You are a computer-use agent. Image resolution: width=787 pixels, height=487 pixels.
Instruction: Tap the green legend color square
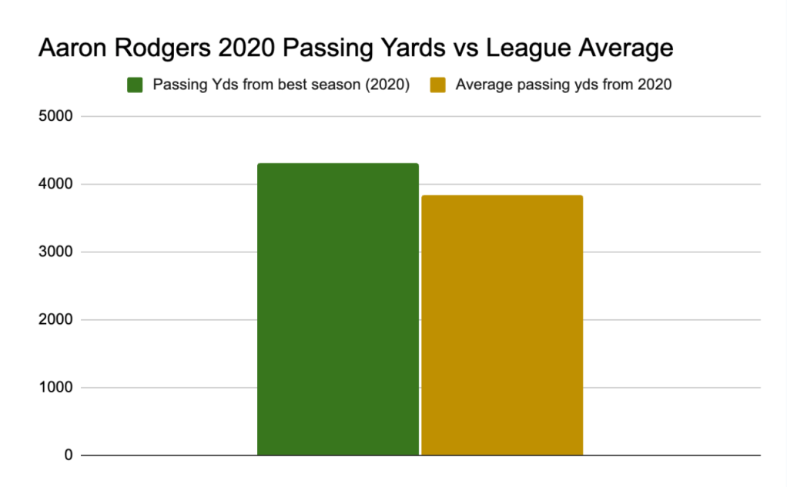point(136,85)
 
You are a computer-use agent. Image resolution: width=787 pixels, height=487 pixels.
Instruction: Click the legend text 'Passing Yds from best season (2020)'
point(280,85)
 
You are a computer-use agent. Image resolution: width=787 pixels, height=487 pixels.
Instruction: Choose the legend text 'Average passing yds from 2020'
point(563,85)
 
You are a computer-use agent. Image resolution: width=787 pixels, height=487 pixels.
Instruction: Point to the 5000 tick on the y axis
point(55,117)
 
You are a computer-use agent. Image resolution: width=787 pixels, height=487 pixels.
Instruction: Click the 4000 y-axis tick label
point(55,185)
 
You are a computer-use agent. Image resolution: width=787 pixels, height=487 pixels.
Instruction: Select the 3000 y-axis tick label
point(55,252)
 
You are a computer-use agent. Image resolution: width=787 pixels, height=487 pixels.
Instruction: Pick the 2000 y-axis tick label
point(55,320)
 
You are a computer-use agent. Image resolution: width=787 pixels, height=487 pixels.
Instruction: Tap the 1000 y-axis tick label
point(55,388)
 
